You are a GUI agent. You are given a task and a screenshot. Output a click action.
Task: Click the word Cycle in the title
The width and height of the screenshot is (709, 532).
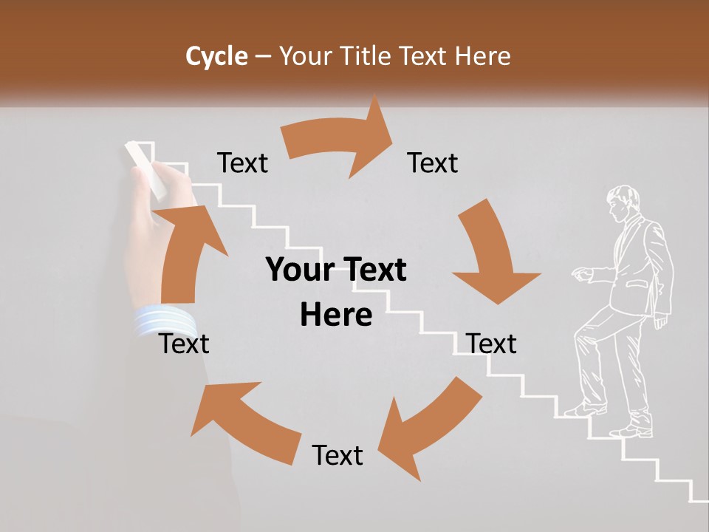pos(216,56)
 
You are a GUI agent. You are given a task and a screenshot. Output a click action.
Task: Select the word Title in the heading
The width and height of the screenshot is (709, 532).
pos(366,56)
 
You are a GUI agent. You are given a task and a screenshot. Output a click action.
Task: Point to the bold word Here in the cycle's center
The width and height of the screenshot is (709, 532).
pos(336,315)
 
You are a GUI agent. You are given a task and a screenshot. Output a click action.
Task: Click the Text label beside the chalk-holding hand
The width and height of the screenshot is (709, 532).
pos(242,163)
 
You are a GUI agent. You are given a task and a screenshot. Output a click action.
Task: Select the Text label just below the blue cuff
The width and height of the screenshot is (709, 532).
pos(185,344)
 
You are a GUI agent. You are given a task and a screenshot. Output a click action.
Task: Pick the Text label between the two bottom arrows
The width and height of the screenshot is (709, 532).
pos(338,455)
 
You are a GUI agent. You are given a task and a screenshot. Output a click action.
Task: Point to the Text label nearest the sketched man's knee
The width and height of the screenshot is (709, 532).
pos(492,344)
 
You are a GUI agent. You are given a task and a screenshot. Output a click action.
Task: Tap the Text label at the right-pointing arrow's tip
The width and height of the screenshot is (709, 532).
pos(433,163)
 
